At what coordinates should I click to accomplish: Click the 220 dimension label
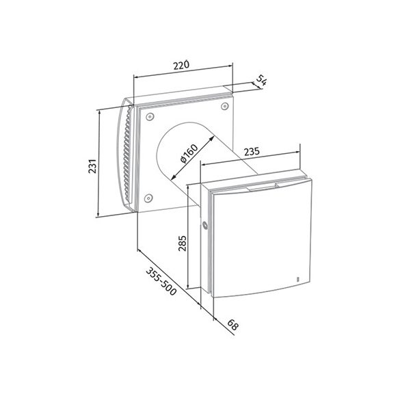tap(181, 65)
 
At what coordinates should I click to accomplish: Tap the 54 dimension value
tap(261, 80)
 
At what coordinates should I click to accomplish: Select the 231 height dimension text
tap(92, 166)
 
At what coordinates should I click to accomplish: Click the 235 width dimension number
tap(252, 151)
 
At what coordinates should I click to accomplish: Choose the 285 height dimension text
tap(182, 243)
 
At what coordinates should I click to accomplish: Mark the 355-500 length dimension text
tap(161, 281)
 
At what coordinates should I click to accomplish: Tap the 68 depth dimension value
tap(232, 325)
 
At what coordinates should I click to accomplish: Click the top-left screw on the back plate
tap(150, 117)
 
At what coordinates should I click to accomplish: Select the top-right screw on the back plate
tap(224, 106)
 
